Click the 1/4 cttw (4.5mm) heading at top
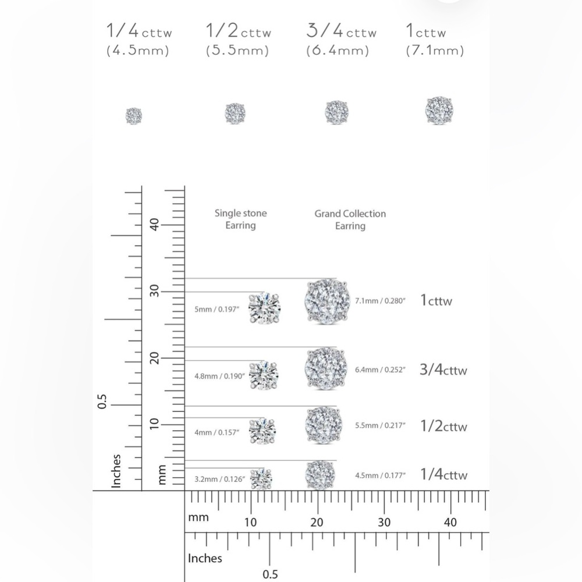pos(139,40)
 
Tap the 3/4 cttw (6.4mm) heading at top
pos(341,40)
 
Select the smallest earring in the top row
pos(134,116)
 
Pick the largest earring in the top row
pos(439,110)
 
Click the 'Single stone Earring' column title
pos(240,219)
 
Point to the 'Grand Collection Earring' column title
pos(350,220)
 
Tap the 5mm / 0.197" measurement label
pos(217,309)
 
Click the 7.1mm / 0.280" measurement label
pos(380,301)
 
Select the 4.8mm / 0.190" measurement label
pos(220,376)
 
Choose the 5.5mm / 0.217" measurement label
pos(380,425)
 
